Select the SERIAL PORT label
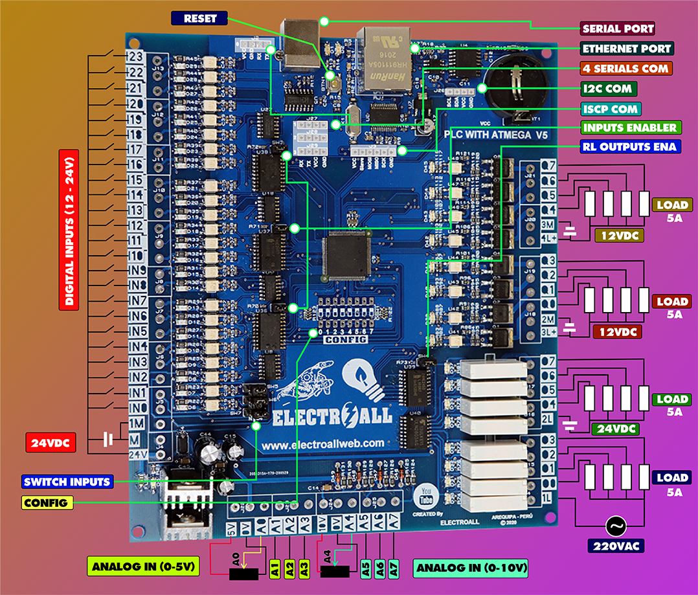tap(618, 28)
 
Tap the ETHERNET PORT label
tap(627, 49)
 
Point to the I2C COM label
tap(609, 88)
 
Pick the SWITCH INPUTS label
tap(67, 481)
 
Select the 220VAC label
tap(615, 546)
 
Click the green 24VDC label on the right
tap(615, 429)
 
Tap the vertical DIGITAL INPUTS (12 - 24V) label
tap(69, 229)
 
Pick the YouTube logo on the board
tap(426, 497)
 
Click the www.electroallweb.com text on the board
tap(324, 443)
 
